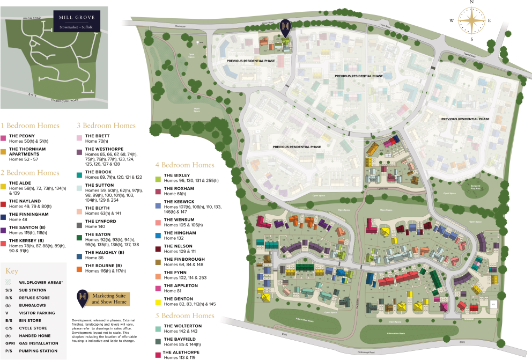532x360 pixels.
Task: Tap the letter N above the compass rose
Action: (471, 2)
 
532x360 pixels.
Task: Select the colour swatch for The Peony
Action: (4, 138)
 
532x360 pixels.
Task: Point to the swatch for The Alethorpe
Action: (158, 355)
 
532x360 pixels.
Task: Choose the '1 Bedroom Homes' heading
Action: (30, 126)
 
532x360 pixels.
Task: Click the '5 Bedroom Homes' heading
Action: (184, 315)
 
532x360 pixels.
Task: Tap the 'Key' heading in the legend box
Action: (12, 271)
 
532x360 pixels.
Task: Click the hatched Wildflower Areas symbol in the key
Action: (8, 282)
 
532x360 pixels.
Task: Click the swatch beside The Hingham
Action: (158, 236)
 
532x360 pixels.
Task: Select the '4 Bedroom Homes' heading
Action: (184, 165)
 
